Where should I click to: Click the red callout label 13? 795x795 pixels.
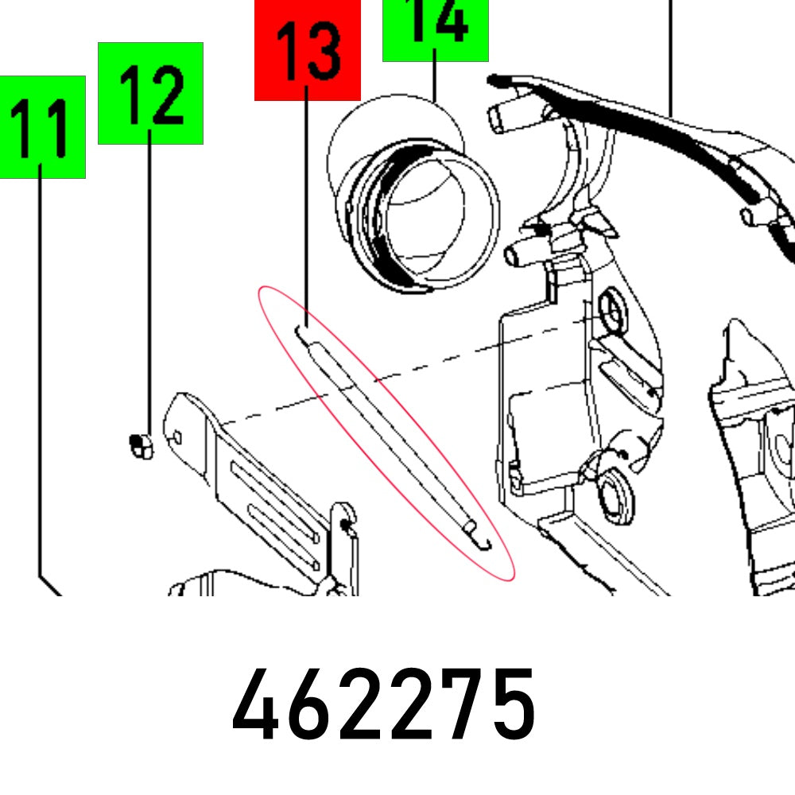point(308,49)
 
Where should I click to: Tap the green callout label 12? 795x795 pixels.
point(150,93)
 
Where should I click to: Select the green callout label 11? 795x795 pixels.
point(42,127)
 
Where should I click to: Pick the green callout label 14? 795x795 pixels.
point(435,29)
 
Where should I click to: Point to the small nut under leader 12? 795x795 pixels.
point(139,446)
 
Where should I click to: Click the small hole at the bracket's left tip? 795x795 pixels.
point(178,436)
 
